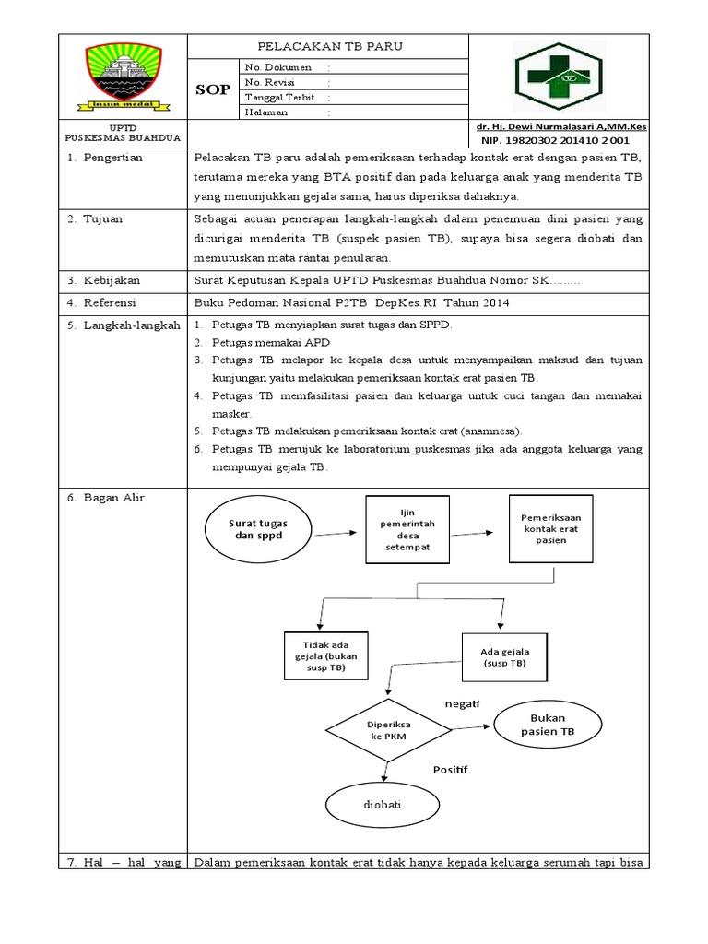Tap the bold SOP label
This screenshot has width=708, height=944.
pos(213,89)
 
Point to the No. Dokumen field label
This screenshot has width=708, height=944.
pos(278,67)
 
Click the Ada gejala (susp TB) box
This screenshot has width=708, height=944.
pos(504,656)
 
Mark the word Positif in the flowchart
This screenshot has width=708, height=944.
pos(452,768)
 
